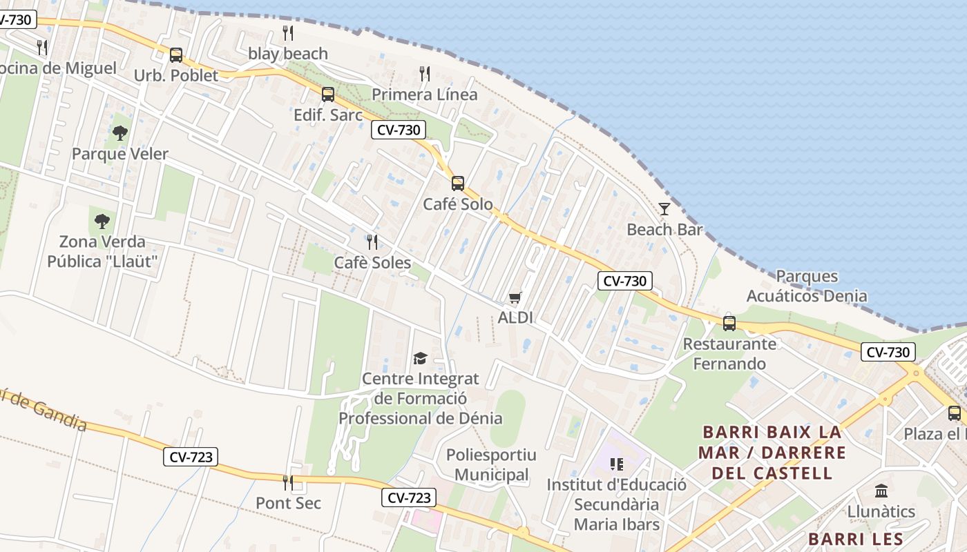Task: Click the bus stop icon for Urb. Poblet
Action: point(176,55)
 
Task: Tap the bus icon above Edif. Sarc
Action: point(328,95)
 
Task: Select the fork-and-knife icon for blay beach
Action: point(288,32)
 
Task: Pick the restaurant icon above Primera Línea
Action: point(425,73)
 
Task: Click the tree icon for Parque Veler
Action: point(120,132)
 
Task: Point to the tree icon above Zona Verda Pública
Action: point(102,221)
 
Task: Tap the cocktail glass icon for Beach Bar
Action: point(664,208)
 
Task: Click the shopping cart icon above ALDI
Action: point(515,297)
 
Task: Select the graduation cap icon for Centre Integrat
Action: point(420,357)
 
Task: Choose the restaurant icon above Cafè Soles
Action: point(372,241)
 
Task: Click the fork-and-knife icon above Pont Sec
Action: point(288,482)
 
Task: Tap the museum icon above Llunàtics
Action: point(881,491)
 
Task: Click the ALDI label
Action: point(515,317)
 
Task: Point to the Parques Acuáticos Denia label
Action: point(807,286)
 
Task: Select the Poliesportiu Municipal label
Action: point(491,465)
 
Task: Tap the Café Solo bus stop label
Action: point(458,204)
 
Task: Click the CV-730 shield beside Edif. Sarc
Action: point(399,130)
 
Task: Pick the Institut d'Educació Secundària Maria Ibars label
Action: point(617,504)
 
